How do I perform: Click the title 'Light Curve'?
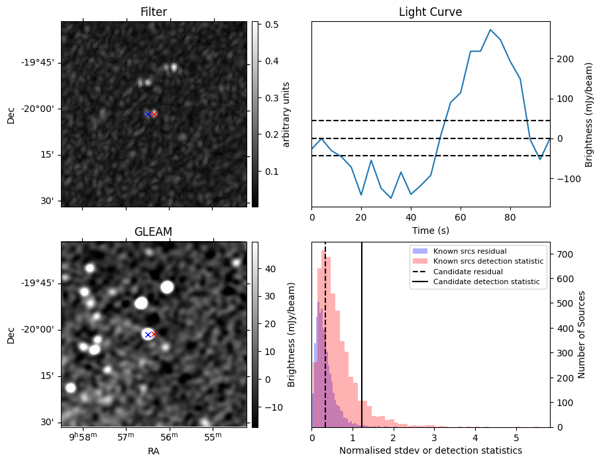click(x=430, y=12)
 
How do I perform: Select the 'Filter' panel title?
click(x=154, y=12)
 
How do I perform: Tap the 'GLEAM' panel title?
click(x=154, y=231)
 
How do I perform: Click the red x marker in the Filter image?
click(x=154, y=115)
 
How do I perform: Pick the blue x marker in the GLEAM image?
click(x=148, y=334)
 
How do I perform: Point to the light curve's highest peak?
click(x=490, y=30)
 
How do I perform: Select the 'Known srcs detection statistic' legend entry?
click(x=488, y=262)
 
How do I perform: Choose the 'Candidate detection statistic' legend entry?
click(x=486, y=282)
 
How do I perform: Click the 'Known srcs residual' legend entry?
click(x=469, y=252)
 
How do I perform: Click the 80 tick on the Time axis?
click(x=510, y=217)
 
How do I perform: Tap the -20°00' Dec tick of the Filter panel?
click(x=39, y=109)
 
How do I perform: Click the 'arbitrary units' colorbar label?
click(x=287, y=114)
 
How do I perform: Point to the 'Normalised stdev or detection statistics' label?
click(x=430, y=450)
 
